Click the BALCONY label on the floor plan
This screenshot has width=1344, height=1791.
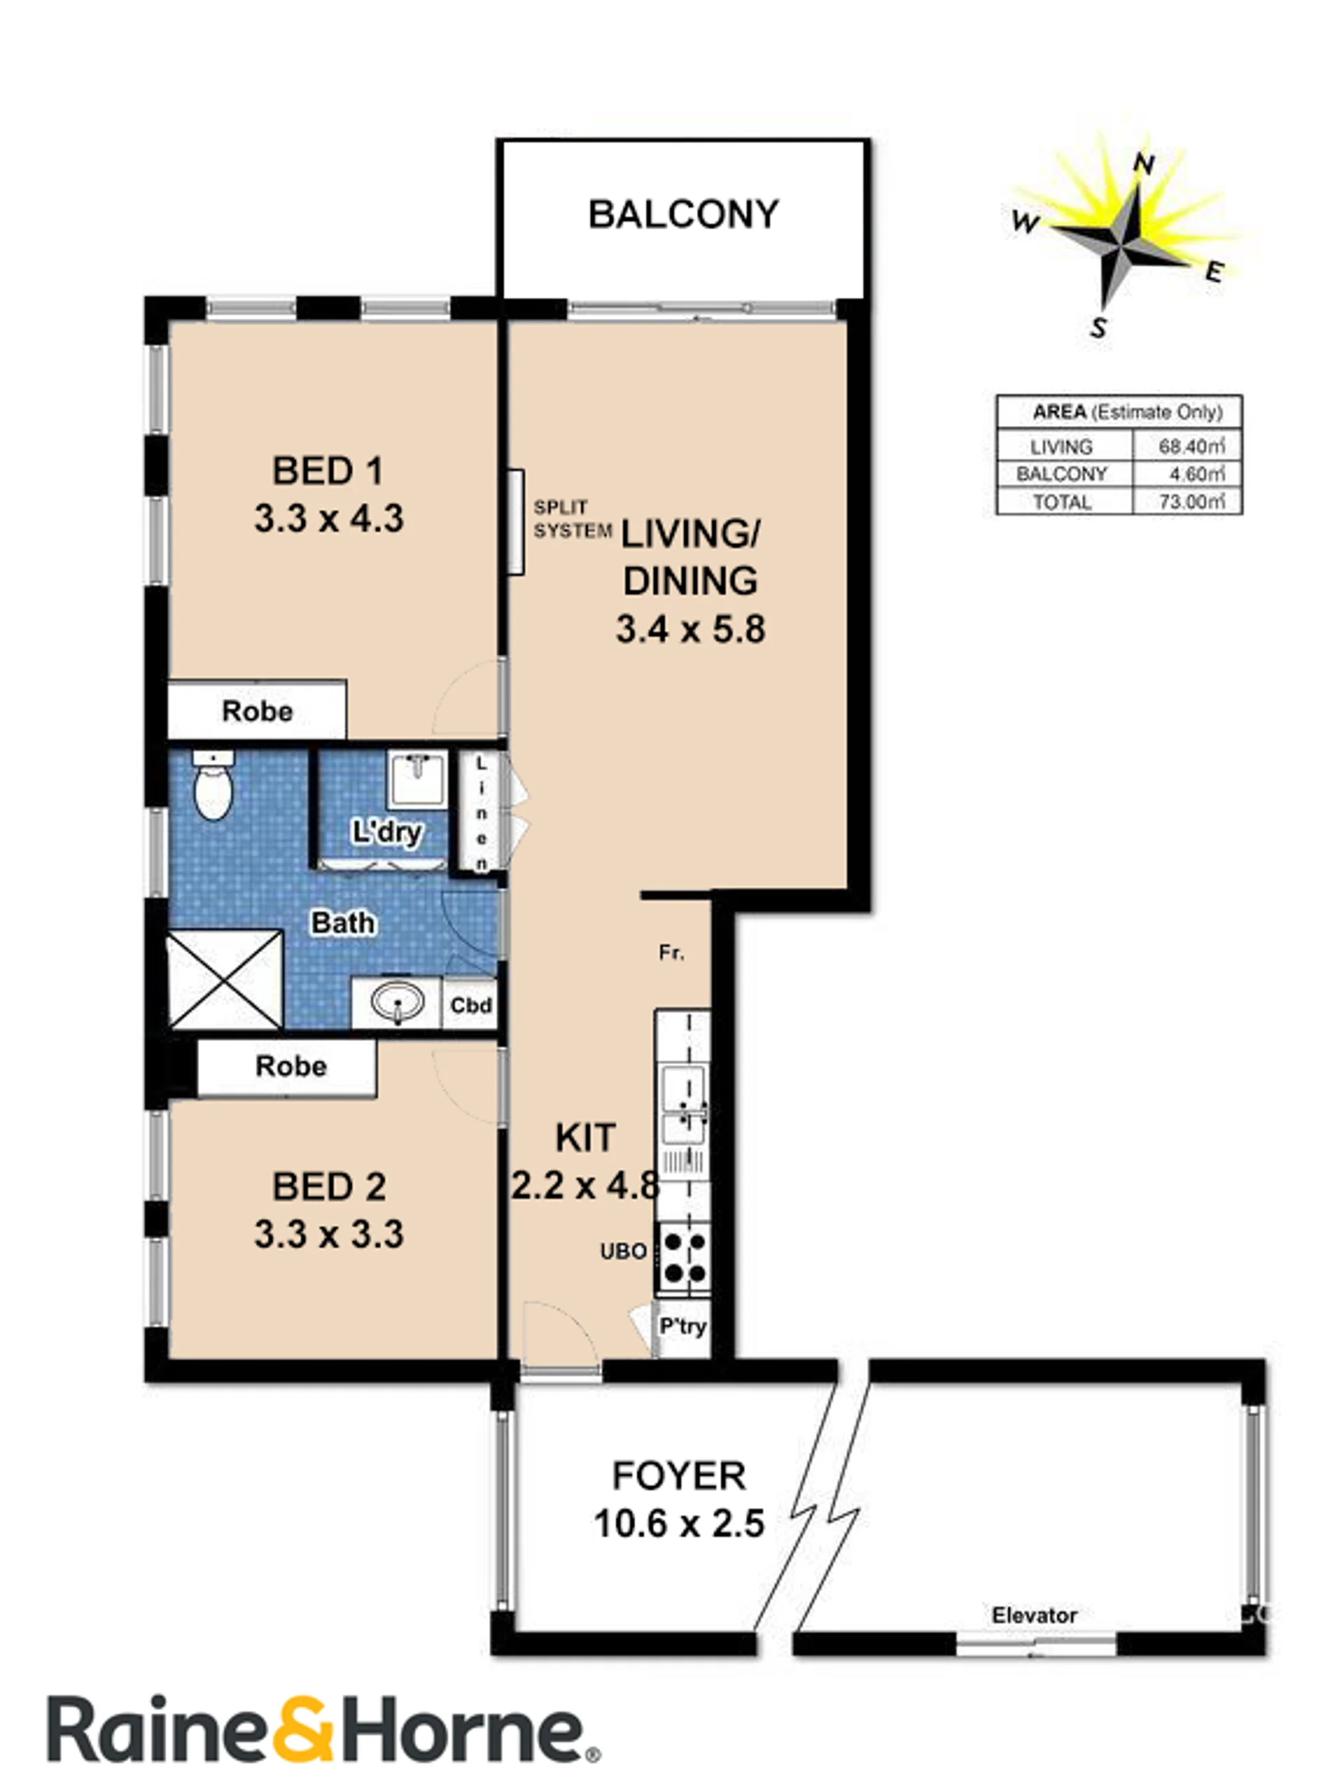[683, 215]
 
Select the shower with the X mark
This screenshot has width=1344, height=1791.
[225, 979]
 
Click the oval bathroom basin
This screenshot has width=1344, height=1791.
[397, 1003]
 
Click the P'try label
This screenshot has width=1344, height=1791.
[682, 1326]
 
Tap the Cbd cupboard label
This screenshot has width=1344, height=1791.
[470, 1005]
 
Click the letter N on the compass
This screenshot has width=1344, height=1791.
[1143, 164]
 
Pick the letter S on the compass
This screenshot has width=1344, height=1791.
[1098, 327]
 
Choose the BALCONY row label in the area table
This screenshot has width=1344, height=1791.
[1061, 474]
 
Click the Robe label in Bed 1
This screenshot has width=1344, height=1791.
[258, 711]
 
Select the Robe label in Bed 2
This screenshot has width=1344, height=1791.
[290, 1066]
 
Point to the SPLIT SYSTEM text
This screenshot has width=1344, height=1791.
[572, 519]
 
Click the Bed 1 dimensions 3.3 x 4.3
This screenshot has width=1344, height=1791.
[329, 518]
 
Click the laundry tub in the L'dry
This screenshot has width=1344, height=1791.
[416, 779]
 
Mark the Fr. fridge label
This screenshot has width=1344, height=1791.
[671, 953]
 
